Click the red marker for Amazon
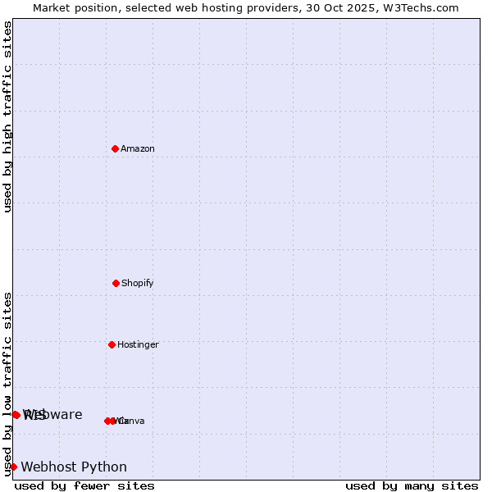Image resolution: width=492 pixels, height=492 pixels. pos(116,148)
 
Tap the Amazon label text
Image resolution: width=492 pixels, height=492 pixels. pos(138,149)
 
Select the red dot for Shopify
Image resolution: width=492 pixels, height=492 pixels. pos(116,283)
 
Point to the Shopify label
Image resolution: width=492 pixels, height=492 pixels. pos(138,284)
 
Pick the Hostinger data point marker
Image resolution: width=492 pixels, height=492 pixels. pos(112,344)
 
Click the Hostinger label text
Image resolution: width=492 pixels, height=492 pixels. pos(138,345)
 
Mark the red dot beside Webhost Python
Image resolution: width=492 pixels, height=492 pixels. pos(13,467)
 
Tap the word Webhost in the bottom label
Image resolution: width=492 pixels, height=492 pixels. pos(49,467)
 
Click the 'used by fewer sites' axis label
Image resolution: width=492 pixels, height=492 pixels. pos(84,485)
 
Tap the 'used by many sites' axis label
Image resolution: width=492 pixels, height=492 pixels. pos(412,485)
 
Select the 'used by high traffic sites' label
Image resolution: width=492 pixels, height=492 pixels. pos(7,116)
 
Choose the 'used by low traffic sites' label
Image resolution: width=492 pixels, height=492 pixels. pos(7,384)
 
